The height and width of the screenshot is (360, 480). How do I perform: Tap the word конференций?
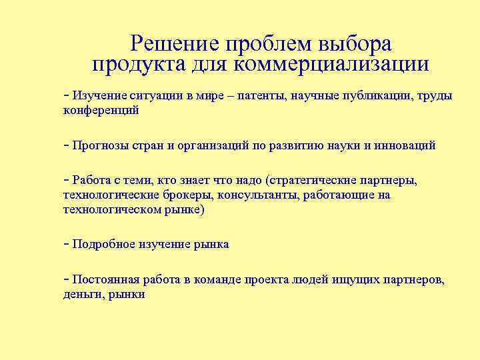101,111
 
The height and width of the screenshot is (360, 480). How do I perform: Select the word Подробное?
103,245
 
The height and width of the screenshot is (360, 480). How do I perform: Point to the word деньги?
81,294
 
